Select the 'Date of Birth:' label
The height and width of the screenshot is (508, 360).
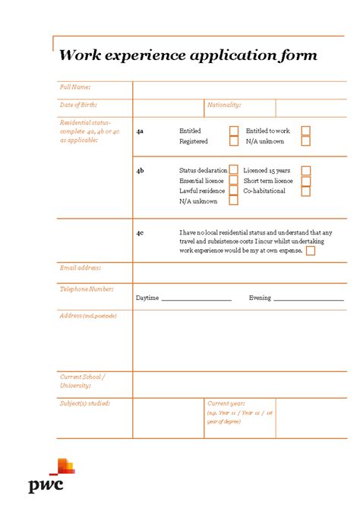click(x=78, y=105)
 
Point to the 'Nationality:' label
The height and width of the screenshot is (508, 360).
click(x=224, y=105)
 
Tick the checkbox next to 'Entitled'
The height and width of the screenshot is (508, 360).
click(x=234, y=131)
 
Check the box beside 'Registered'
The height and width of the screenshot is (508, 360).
click(x=234, y=141)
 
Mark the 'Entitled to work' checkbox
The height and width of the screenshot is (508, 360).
click(x=305, y=131)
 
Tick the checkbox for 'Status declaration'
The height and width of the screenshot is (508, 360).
click(x=234, y=170)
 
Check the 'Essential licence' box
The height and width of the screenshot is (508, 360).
click(x=234, y=181)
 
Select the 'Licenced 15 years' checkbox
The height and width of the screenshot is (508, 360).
click(x=305, y=171)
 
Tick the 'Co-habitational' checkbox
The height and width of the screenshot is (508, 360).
click(x=305, y=191)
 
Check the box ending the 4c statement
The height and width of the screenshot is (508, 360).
click(x=311, y=251)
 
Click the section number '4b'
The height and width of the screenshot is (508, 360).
click(x=141, y=171)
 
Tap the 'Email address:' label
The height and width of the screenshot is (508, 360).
click(x=81, y=267)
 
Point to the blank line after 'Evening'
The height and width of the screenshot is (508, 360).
click(x=308, y=299)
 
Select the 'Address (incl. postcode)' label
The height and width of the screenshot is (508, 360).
click(x=88, y=315)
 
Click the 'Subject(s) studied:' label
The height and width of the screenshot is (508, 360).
click(x=85, y=403)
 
